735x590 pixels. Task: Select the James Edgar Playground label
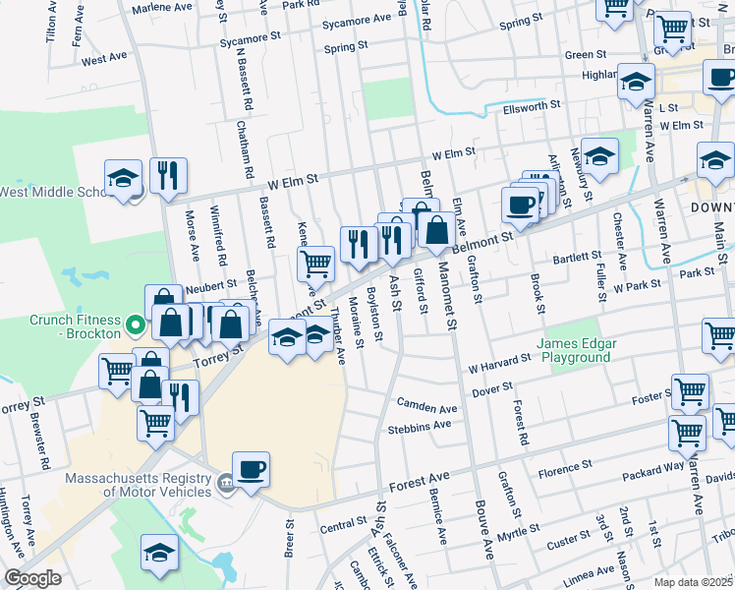point(573,350)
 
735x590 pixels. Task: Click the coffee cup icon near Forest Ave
point(251,467)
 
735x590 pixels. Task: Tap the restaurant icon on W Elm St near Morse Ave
point(168,175)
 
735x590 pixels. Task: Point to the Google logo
point(32,578)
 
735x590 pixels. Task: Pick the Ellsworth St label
point(531,104)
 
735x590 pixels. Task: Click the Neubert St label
point(204,282)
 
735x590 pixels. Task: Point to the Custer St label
point(567,542)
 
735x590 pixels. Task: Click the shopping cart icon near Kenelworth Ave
point(316,263)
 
